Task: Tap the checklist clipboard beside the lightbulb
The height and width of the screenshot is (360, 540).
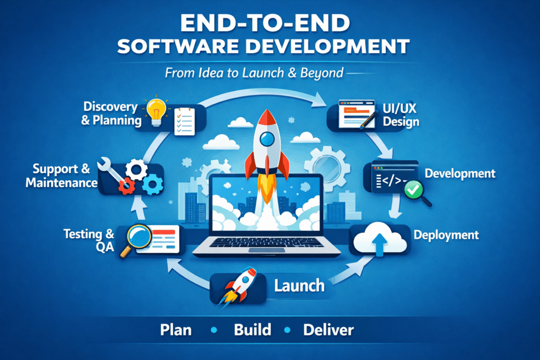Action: pyautogui.click(x=184, y=121)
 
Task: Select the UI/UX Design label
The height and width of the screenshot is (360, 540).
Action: pyautogui.click(x=401, y=115)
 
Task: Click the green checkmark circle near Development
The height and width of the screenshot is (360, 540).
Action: pyautogui.click(x=413, y=189)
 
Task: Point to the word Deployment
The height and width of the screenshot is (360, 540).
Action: pyautogui.click(x=446, y=235)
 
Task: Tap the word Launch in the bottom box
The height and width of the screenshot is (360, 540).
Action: pyautogui.click(x=300, y=286)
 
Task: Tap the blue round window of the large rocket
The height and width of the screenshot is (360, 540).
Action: pyautogui.click(x=267, y=139)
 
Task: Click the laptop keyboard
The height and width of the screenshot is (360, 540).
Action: pyautogui.click(x=266, y=242)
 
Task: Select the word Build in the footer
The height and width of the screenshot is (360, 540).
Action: pyautogui.click(x=253, y=330)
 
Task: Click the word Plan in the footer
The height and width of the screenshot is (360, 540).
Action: pyautogui.click(x=176, y=330)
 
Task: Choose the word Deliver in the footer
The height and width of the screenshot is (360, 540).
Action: pyautogui.click(x=328, y=330)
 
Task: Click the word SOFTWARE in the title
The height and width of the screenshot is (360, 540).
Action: pyautogui.click(x=178, y=47)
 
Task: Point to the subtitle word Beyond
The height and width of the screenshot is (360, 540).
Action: pyautogui.click(x=322, y=73)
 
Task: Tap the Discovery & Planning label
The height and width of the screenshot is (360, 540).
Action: pyautogui.click(x=111, y=113)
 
